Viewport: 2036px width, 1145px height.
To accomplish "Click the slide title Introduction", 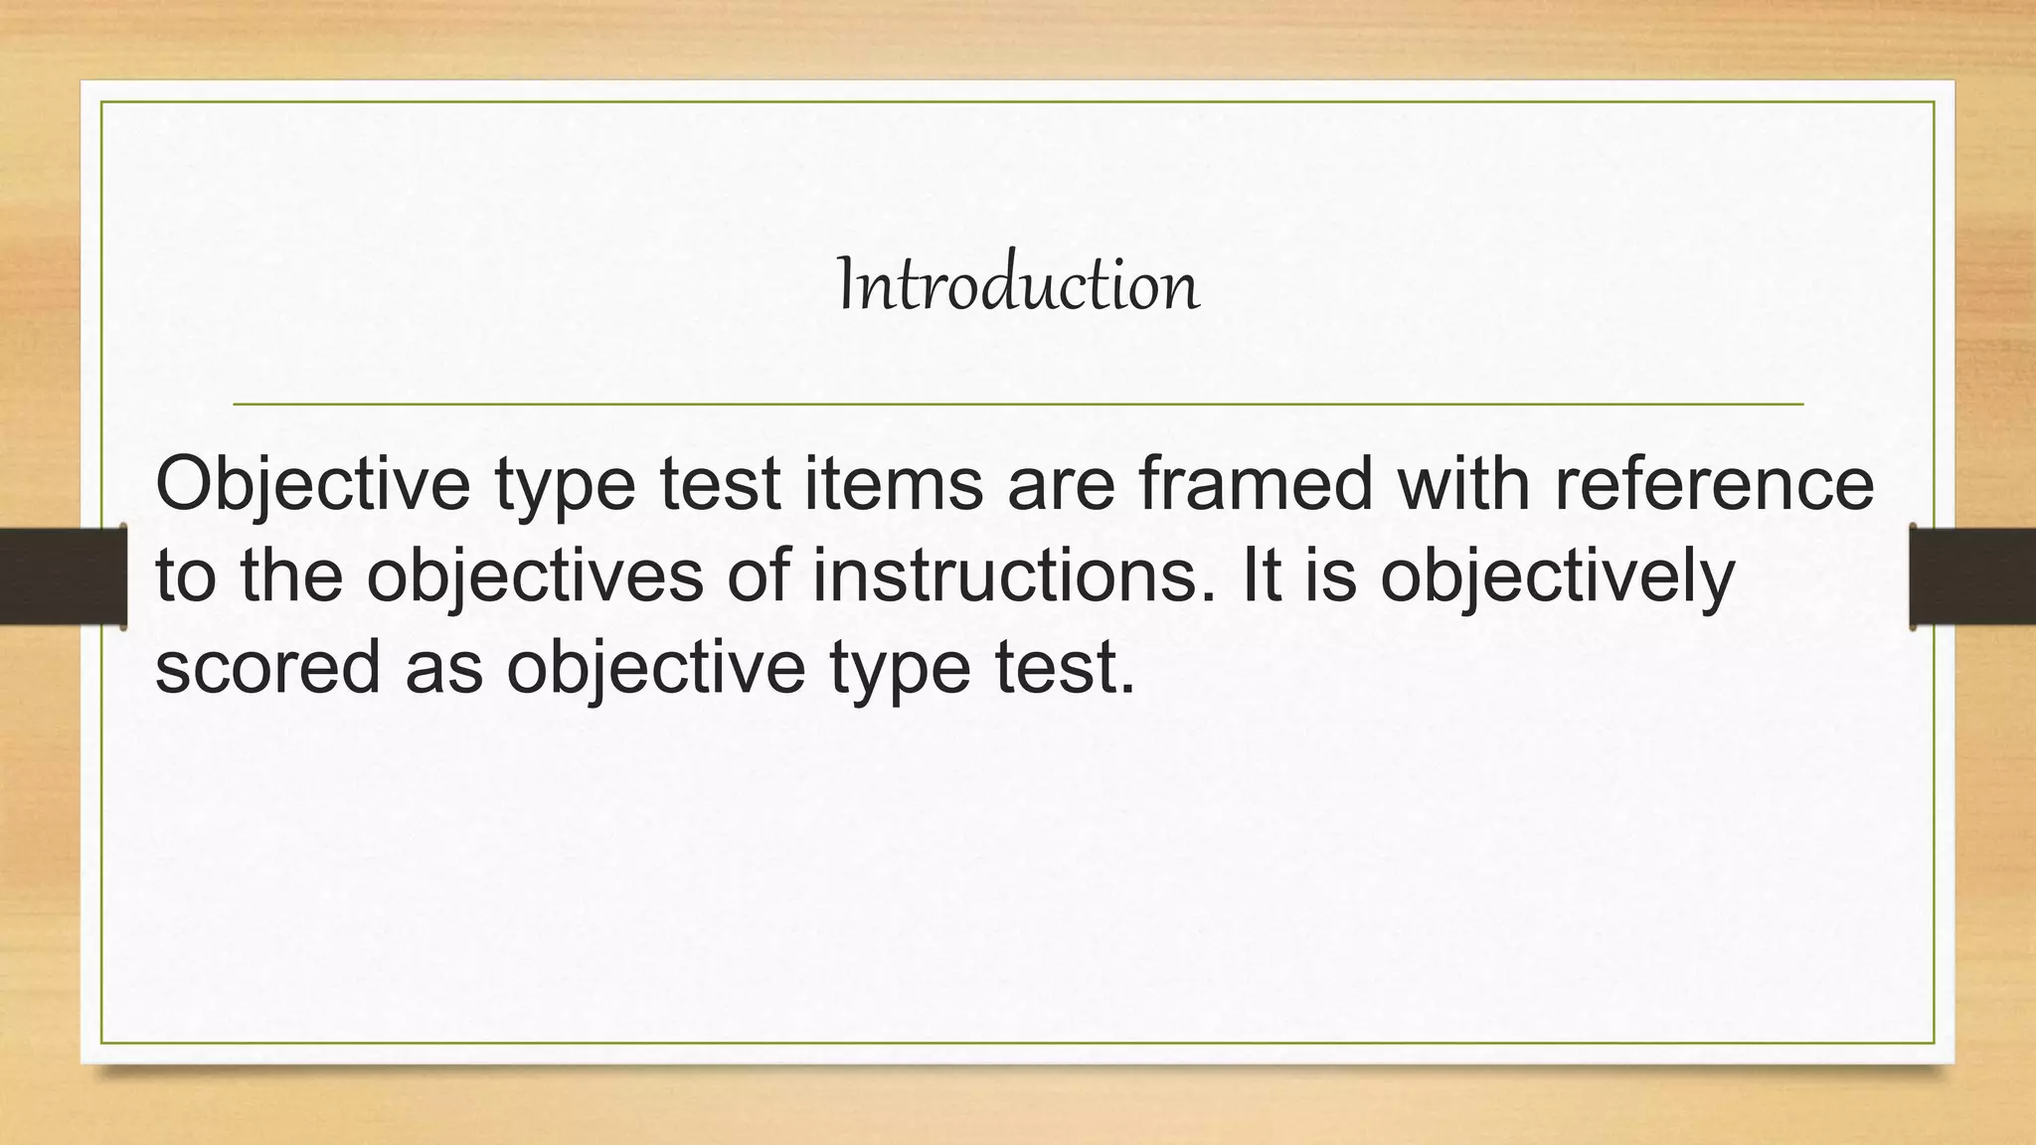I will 1019,285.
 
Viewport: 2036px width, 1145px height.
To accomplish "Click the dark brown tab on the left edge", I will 63,576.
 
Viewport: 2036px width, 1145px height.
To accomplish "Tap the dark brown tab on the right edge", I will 1972,576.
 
